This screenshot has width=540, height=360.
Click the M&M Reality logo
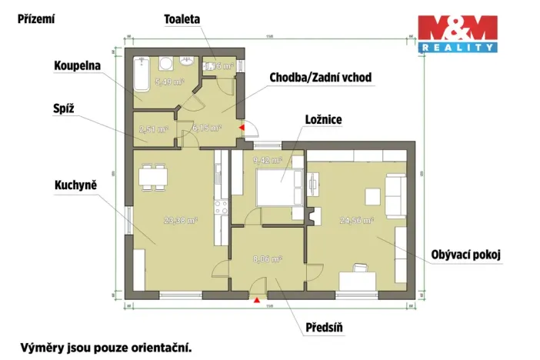pyautogui.click(x=457, y=33)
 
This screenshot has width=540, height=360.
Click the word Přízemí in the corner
pyautogui.click(x=36, y=18)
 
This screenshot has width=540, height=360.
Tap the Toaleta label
pyautogui.click(x=183, y=17)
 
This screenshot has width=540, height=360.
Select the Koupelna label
pyautogui.click(x=77, y=66)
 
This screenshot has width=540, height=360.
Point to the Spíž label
pyautogui.click(x=64, y=109)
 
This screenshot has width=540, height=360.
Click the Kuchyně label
pyautogui.click(x=75, y=185)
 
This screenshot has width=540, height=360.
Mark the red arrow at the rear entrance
pyautogui.click(x=242, y=128)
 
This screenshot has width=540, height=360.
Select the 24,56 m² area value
pyautogui.click(x=356, y=220)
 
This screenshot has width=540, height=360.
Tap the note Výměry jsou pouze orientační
pyautogui.click(x=106, y=347)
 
